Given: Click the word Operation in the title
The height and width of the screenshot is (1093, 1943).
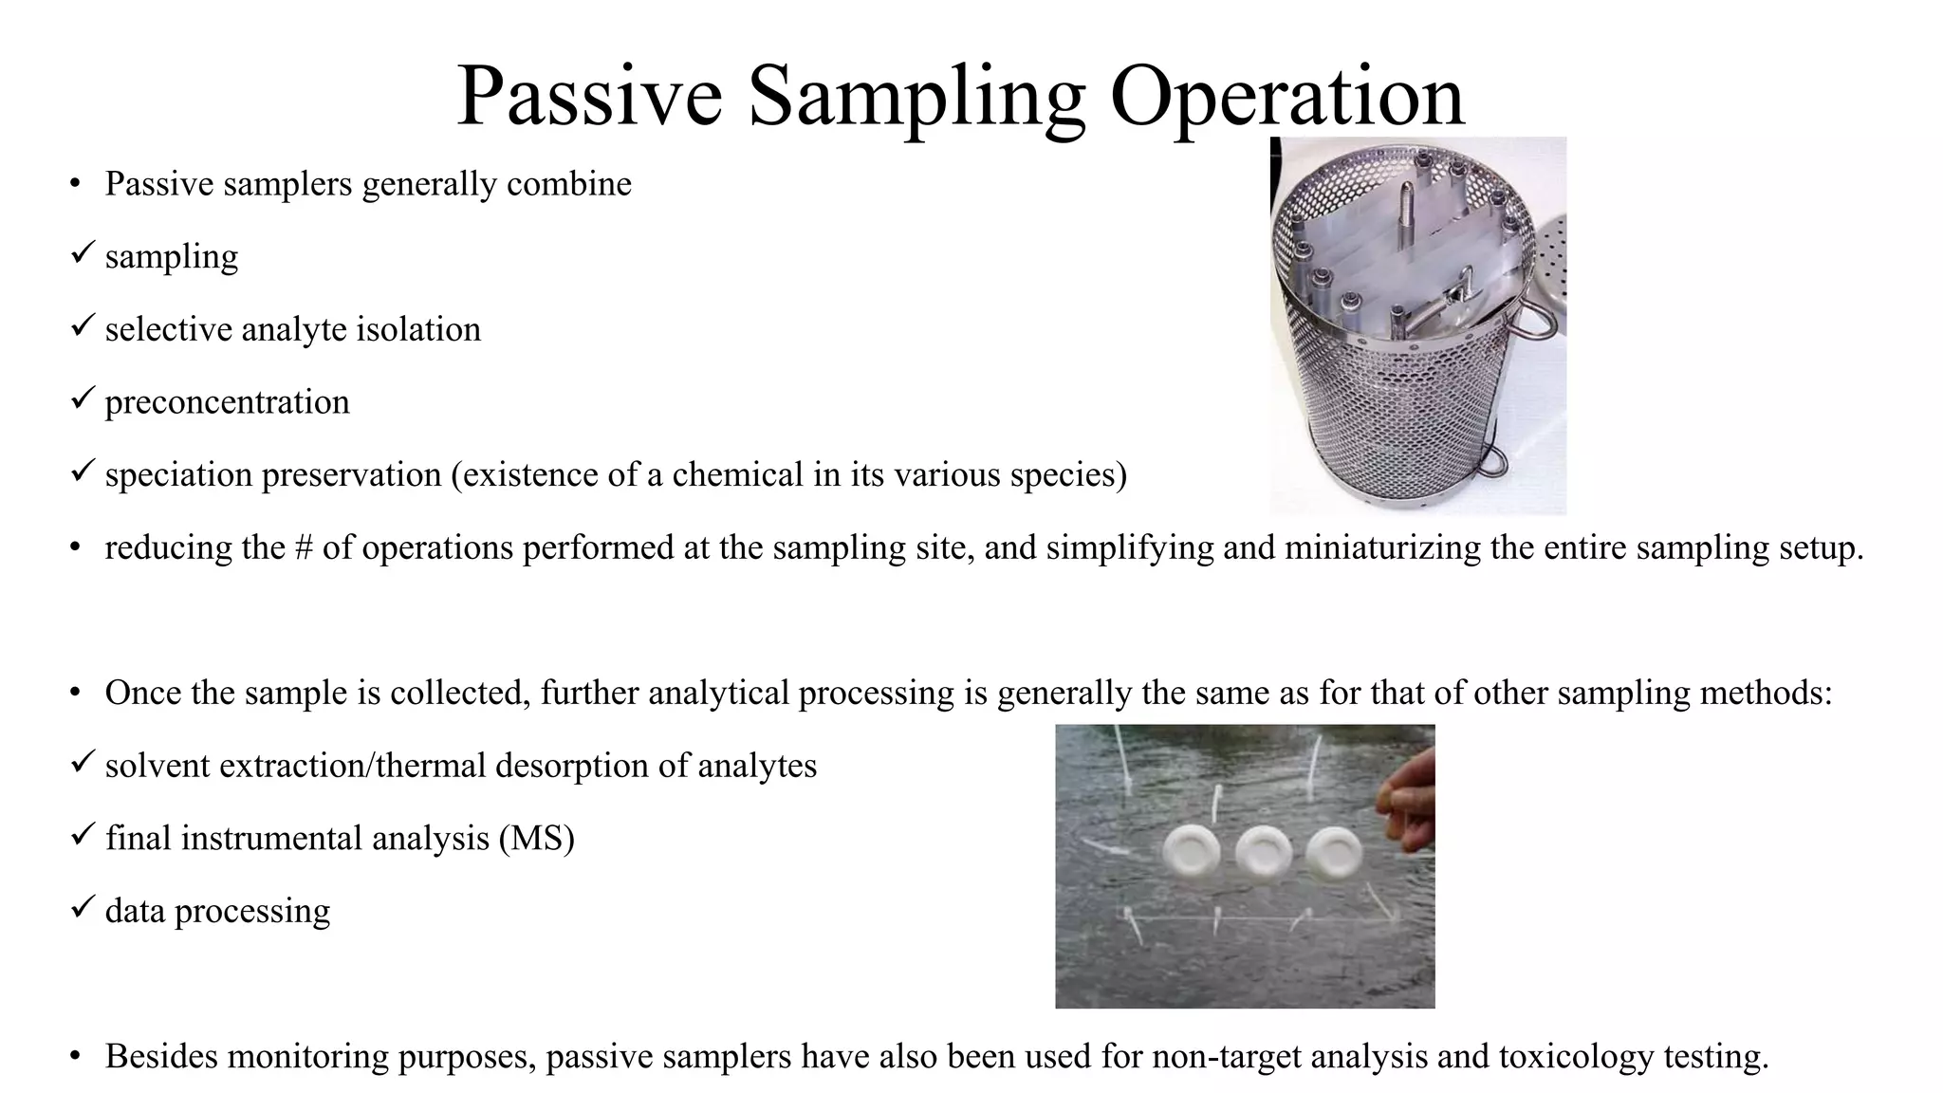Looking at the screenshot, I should tap(1287, 97).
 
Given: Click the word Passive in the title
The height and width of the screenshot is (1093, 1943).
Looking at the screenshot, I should tap(589, 97).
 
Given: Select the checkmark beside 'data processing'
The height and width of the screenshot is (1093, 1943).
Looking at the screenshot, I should tap(83, 907).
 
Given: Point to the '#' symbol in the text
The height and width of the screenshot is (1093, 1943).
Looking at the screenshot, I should tap(304, 548).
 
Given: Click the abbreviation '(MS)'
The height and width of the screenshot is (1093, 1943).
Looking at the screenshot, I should tap(537, 839).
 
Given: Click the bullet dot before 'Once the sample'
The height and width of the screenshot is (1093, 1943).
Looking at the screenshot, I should tap(75, 694).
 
